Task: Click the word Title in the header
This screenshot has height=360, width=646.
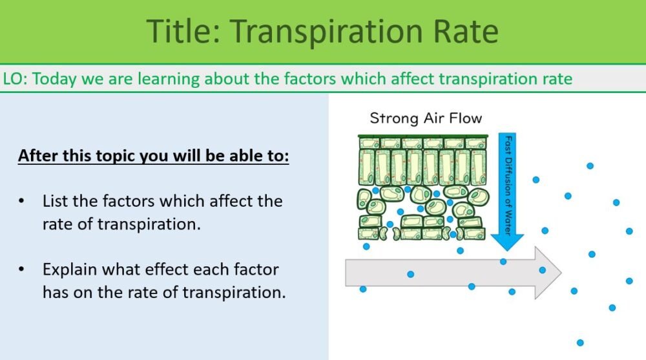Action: tap(181, 32)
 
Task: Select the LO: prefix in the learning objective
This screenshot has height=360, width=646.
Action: tap(16, 79)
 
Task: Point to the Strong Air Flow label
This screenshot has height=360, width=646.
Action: tap(425, 118)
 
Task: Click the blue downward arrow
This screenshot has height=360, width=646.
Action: tap(506, 194)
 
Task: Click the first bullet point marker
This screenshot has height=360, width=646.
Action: tap(23, 201)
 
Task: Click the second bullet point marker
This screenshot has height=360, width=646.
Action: tap(23, 269)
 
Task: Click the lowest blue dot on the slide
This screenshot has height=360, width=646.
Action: tap(579, 343)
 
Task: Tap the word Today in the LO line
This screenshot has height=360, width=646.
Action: tap(52, 79)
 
